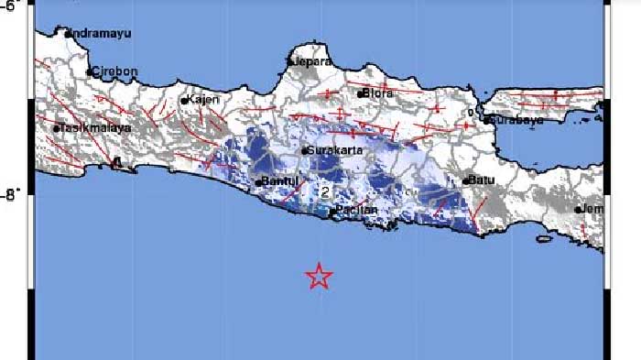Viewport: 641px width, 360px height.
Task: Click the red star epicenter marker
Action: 318,276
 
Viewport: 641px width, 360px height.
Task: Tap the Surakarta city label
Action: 331,150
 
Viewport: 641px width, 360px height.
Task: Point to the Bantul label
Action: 279,180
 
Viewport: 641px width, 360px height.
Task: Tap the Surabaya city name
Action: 517,120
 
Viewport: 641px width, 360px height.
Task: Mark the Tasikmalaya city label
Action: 95,128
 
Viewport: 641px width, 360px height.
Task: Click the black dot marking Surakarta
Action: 304,150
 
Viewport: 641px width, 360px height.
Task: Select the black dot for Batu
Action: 465,180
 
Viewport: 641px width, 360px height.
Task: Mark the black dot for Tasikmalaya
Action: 57,129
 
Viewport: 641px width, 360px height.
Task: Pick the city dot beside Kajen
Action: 184,101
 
